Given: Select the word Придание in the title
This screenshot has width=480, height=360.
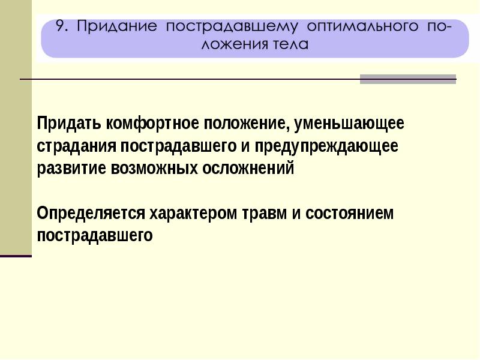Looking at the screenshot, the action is [116, 26].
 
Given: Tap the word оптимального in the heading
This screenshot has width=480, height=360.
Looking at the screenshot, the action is [362, 26].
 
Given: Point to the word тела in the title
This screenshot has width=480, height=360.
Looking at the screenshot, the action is [289, 44].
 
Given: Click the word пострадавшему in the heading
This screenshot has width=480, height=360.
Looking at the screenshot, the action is [232, 26].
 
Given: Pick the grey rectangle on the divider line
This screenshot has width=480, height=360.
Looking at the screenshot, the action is [408, 79].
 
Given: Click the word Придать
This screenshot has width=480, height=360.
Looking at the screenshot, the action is [69, 124].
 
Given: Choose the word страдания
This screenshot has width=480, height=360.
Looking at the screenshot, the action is [77, 146].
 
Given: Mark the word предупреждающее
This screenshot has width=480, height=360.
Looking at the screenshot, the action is [326, 146].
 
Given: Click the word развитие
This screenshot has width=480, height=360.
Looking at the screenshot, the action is [71, 169].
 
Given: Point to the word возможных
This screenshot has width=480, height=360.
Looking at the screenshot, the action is [154, 169].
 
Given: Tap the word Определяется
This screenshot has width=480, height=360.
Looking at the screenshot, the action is [91, 214].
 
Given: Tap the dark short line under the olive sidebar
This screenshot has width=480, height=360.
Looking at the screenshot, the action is [16, 256].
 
